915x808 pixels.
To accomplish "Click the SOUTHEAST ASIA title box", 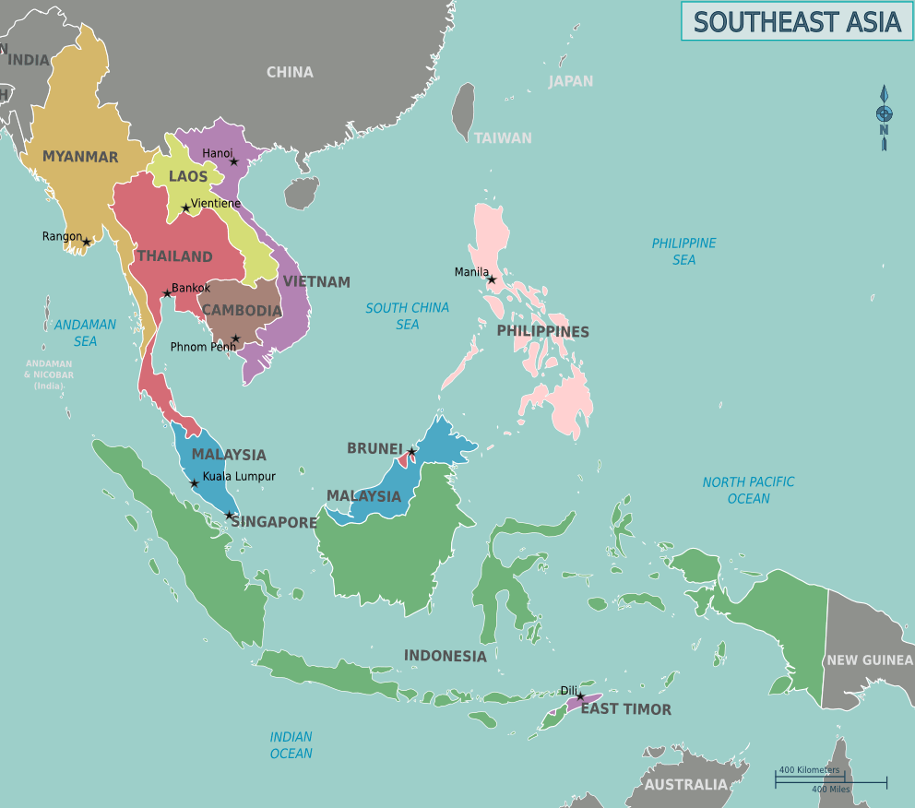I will tap(796, 21).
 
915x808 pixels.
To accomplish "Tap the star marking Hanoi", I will tap(233, 161).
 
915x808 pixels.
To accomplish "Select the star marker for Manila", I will tap(492, 279).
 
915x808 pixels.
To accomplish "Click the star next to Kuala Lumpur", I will tap(194, 483).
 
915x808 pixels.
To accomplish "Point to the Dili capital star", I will tap(580, 696).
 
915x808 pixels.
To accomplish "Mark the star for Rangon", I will tap(87, 242).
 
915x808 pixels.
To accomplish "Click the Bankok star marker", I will tap(167, 294).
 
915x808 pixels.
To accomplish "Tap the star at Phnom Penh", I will tap(235, 339).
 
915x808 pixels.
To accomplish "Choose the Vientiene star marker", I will tap(186, 208).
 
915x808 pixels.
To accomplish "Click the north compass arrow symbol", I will tap(884, 116).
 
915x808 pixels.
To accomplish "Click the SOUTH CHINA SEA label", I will tap(407, 315).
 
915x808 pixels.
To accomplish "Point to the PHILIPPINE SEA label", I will tap(683, 251).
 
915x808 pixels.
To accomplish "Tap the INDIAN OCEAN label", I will tap(291, 745).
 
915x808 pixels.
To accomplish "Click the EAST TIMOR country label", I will tap(625, 709).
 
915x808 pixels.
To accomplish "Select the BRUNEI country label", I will tap(374, 448).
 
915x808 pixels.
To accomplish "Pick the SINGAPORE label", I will tap(274, 522).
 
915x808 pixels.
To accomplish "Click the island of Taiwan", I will tap(463, 111).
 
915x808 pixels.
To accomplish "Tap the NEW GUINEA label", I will tap(869, 659).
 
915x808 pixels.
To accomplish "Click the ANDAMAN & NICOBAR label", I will tap(49, 374).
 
